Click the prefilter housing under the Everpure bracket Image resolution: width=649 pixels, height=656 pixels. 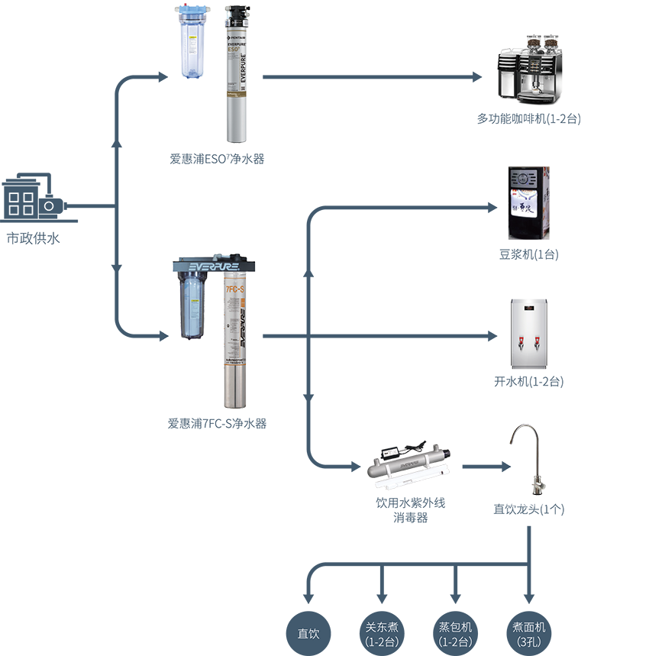[x=192, y=305]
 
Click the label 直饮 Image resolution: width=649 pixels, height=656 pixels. [x=308, y=634]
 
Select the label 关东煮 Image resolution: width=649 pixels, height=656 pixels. [x=382, y=627]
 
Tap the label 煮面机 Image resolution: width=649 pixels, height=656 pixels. [x=529, y=627]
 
